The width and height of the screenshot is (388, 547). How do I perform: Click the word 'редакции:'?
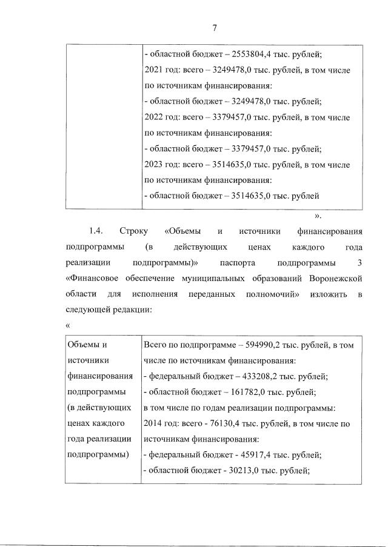pyautogui.click(x=129, y=310)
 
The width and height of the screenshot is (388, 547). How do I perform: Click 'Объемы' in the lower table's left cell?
pyautogui.click(x=84, y=345)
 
